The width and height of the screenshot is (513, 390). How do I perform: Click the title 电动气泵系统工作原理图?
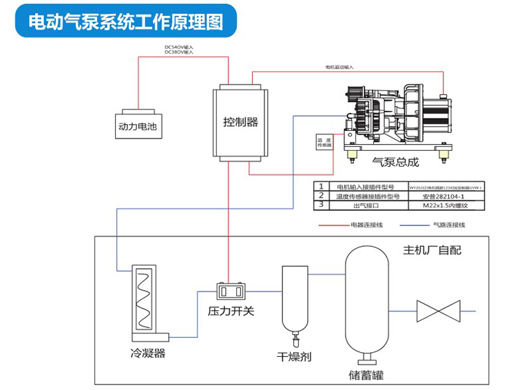click(x=126, y=22)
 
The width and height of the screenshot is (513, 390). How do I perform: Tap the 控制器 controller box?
click(x=240, y=122)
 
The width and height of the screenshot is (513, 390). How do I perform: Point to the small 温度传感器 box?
click(x=324, y=141)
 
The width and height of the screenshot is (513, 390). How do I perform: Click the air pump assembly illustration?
click(x=399, y=117)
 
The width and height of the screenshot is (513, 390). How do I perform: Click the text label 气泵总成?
click(x=395, y=163)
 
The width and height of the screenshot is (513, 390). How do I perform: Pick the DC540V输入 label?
click(x=179, y=47)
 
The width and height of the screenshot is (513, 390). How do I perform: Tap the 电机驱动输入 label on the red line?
click(x=339, y=68)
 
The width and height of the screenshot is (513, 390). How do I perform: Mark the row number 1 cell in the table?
click(x=321, y=186)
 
